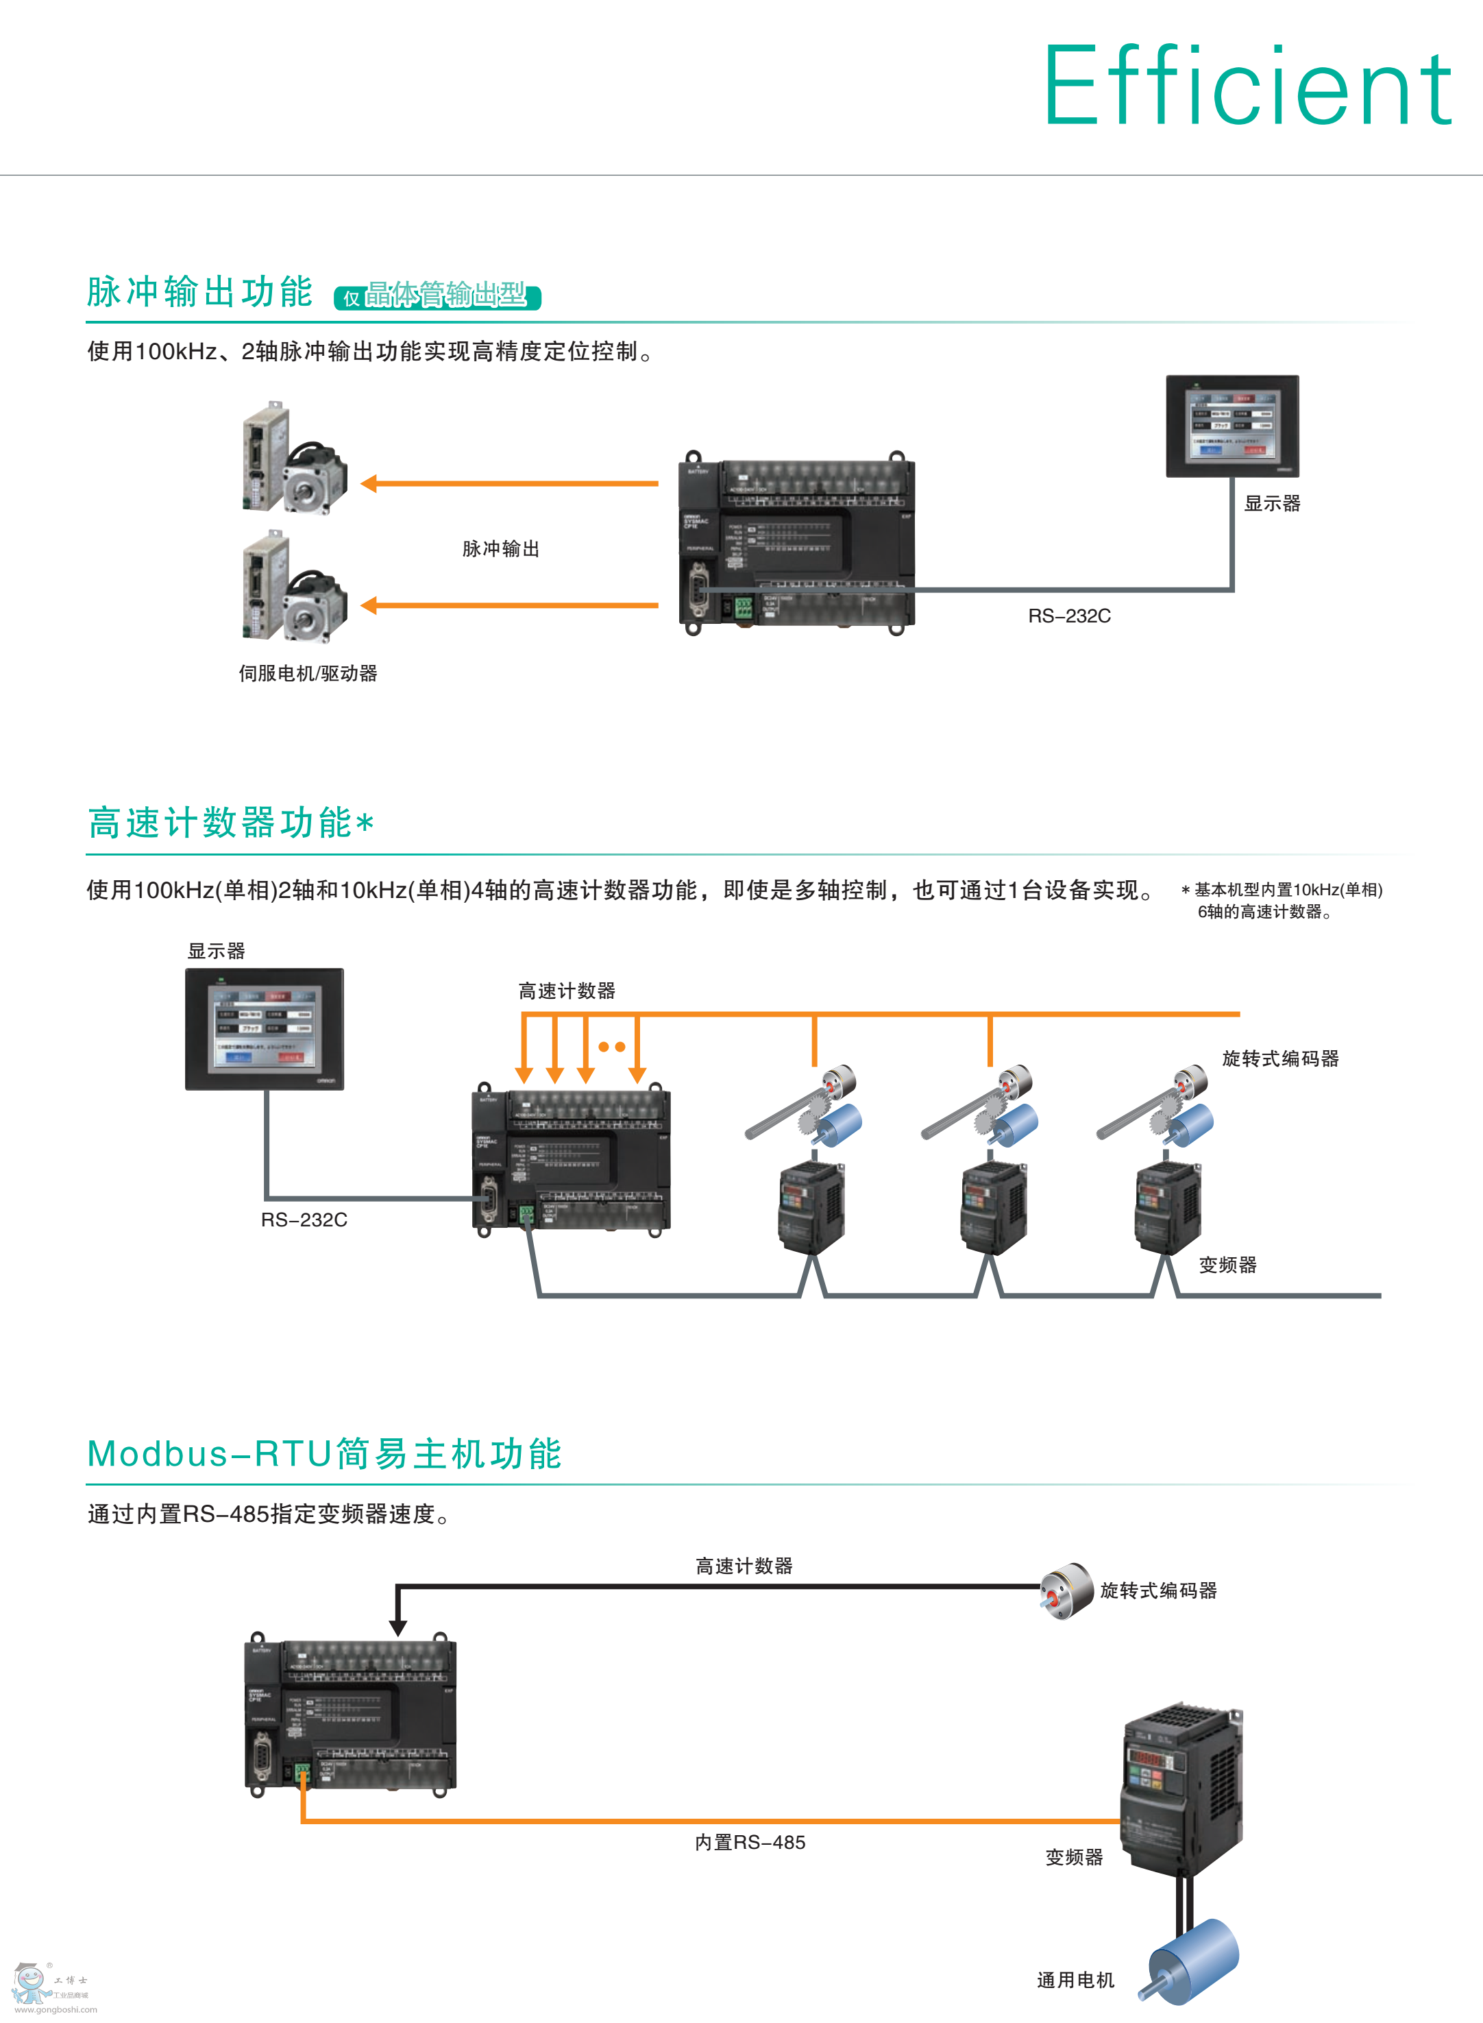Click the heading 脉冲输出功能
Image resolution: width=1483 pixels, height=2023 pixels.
(199, 292)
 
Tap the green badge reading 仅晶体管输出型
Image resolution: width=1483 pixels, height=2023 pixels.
(437, 295)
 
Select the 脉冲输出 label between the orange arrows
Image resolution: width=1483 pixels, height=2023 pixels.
(500, 548)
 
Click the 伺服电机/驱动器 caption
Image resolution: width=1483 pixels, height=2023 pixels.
(308, 673)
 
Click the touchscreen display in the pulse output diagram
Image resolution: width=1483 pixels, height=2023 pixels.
(1231, 426)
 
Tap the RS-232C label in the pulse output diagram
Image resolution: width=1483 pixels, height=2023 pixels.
(1069, 616)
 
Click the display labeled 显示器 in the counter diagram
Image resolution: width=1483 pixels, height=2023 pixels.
(264, 1029)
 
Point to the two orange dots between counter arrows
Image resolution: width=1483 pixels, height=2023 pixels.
(611, 1046)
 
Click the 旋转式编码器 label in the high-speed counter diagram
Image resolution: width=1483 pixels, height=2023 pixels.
(1280, 1058)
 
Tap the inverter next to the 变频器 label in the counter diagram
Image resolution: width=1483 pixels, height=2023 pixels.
(1167, 1208)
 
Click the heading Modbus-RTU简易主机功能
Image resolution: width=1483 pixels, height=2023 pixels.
(324, 1454)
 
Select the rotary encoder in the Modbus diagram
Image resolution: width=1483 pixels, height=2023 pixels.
(1066, 1591)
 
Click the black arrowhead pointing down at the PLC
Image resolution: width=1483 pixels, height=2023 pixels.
(397, 1627)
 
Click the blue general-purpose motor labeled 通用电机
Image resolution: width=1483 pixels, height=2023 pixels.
(1193, 1961)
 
